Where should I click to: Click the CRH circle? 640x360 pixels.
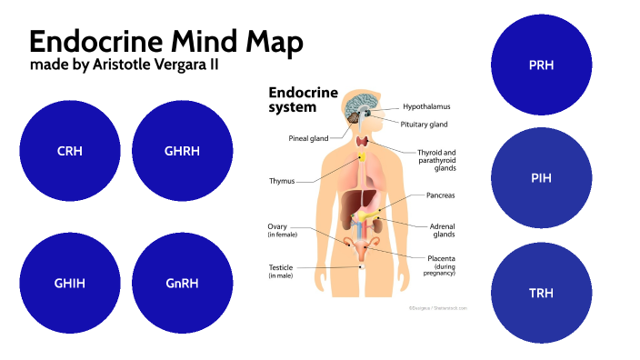[69, 151]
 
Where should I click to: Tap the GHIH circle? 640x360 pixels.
[69, 283]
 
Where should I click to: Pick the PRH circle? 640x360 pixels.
[541, 65]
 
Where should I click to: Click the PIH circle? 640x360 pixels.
[541, 178]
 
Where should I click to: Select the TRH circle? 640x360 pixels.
[541, 293]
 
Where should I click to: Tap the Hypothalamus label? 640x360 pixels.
[425, 106]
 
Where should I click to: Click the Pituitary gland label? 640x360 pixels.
[424, 124]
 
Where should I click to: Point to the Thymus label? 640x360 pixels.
[282, 180]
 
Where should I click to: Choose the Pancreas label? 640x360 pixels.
[440, 195]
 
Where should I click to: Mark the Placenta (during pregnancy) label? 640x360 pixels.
[441, 265]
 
